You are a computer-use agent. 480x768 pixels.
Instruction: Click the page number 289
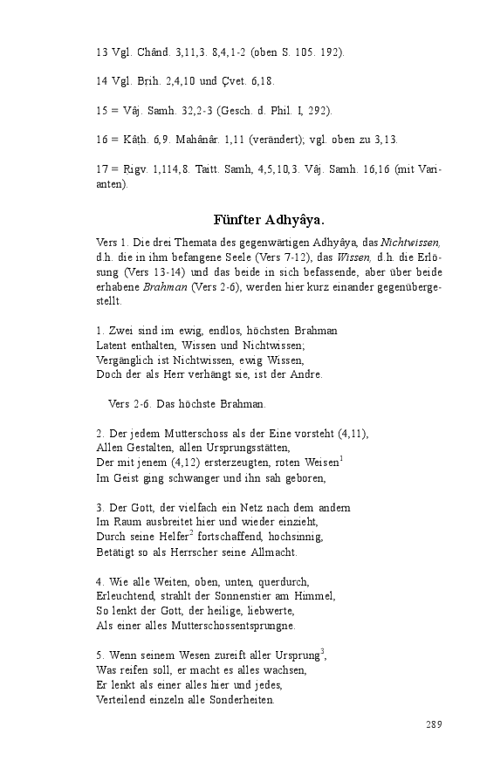(x=434, y=724)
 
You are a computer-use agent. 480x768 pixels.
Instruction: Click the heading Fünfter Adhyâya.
(x=270, y=219)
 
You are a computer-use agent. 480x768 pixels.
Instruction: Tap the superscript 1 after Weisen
(x=339, y=459)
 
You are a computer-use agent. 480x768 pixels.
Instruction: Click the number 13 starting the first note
(x=101, y=52)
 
